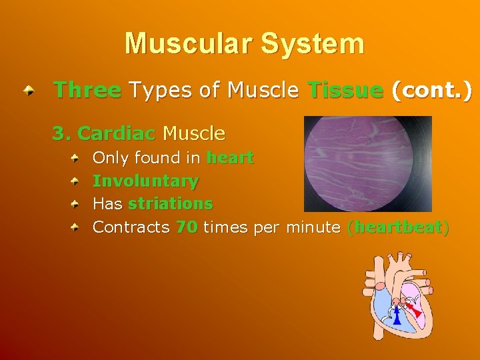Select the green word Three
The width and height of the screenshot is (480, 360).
(87, 90)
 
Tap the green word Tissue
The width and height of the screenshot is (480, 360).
(345, 90)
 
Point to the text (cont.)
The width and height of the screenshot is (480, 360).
(431, 90)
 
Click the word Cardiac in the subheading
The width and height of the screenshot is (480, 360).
(117, 134)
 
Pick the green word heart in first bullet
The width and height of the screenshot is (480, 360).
(230, 158)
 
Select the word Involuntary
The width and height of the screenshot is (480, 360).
(145, 181)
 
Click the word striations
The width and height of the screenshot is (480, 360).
(170, 204)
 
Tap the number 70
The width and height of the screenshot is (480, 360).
(187, 227)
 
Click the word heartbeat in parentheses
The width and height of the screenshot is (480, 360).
(399, 227)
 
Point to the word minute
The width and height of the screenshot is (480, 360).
(313, 227)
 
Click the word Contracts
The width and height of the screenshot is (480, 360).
(131, 227)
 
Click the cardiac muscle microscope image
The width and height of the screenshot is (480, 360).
(367, 164)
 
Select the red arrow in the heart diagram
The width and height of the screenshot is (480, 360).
(414, 307)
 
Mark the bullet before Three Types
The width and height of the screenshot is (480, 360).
(27, 91)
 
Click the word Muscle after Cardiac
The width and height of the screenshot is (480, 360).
(194, 134)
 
